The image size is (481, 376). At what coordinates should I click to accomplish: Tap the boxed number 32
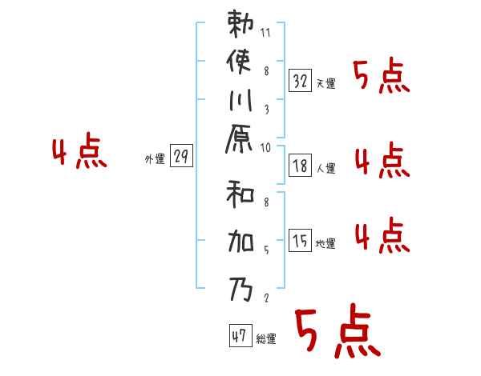coord(300,80)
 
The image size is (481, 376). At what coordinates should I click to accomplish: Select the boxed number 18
coord(300,166)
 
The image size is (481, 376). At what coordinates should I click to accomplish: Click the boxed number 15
coord(300,241)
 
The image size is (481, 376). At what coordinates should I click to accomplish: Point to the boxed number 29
coord(181,157)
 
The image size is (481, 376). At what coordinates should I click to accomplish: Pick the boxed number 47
coord(240,336)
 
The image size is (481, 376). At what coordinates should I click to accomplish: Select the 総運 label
coord(266,339)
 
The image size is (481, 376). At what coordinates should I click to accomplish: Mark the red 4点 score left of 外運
coord(79,152)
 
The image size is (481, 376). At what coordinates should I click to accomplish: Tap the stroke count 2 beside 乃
coord(265,298)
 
